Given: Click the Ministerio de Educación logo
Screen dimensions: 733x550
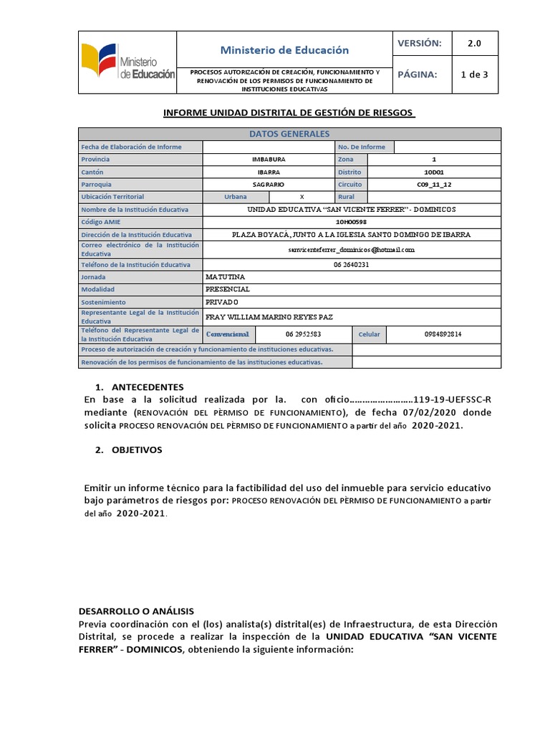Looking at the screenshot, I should coord(126,63).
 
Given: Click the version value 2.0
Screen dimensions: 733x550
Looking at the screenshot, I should coord(474,43).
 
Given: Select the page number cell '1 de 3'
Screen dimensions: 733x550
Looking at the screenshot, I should coord(474,74).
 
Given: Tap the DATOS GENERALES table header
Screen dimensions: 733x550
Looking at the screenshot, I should coord(289,134).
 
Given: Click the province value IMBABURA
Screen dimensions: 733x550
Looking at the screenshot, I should coord(269,160).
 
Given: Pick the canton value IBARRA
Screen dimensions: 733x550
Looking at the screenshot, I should coord(269,173).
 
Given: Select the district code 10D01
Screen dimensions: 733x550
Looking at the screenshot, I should coord(433,173).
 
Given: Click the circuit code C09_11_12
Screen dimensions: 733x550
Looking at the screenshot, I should coord(433,185).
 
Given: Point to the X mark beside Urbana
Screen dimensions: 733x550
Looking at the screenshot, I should coord(301,197).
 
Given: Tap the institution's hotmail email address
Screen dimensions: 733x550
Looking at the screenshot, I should coord(351,250).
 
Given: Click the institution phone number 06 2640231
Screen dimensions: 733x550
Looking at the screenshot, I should coord(351,264).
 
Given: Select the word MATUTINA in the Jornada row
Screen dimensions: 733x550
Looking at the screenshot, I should coord(225,276).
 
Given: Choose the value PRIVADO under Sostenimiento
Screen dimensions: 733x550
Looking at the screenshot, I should coord(224,302).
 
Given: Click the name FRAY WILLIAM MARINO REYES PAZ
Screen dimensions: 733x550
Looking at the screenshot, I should coord(269,316).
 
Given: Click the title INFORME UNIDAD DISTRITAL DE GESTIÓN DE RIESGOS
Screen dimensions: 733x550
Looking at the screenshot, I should coord(289,113).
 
